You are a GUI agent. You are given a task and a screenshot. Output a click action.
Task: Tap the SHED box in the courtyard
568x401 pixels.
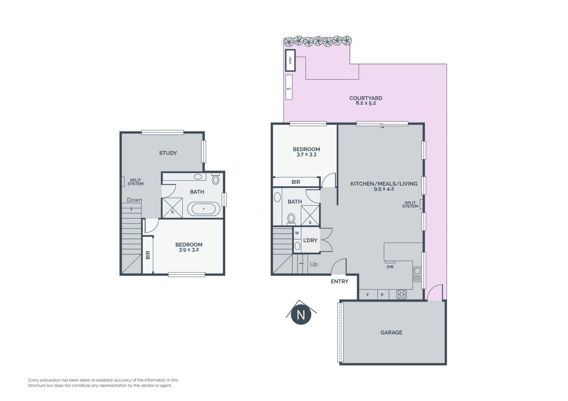coord(290,60)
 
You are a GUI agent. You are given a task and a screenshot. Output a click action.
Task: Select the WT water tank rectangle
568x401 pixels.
coord(289,87)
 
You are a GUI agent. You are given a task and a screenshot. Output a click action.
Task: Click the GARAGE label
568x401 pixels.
coord(391,332)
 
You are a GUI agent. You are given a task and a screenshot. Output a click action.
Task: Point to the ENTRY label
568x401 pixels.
coord(340,281)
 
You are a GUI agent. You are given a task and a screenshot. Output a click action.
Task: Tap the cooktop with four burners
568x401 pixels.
coord(402,294)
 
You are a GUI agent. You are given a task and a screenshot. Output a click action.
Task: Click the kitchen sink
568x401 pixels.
coord(417,274)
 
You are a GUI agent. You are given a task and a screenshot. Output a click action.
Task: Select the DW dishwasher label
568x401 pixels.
coord(390,267)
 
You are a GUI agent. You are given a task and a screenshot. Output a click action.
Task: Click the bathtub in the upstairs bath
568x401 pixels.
coord(204,209)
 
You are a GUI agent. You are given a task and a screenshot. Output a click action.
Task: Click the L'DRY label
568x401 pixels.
coord(310,241)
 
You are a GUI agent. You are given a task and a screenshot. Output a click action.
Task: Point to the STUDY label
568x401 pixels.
coord(168,153)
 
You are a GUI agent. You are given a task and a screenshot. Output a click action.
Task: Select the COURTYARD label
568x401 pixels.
coord(366,98)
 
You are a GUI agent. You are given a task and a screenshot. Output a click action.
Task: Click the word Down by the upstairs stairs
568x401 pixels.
coord(135,200)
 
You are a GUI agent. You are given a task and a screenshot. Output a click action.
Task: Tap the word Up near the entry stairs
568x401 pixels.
coord(314,264)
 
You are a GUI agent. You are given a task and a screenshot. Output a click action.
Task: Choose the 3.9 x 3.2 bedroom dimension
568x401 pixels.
coord(189,250)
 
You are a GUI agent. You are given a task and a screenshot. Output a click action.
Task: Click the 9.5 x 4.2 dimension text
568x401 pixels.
coord(384,189)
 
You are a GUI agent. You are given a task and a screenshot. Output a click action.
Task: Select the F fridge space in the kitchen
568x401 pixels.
coord(368,295)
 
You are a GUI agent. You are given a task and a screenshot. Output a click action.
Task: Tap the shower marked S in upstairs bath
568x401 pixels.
coord(172,208)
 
